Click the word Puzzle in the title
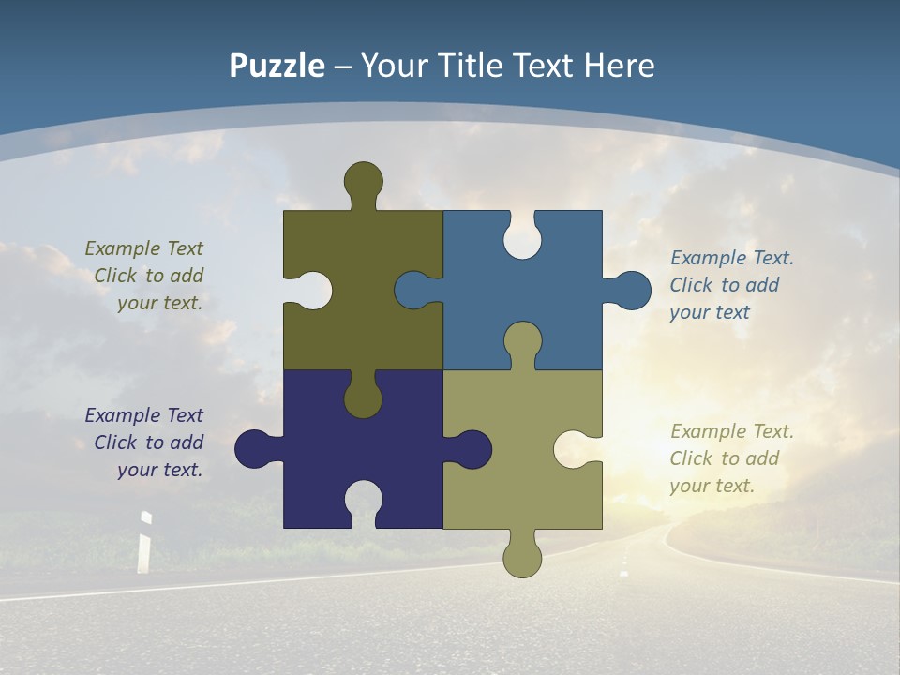277,67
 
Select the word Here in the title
619,67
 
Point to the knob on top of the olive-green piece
363,181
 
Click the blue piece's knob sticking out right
632,291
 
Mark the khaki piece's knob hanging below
522,558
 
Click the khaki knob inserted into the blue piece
522,342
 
